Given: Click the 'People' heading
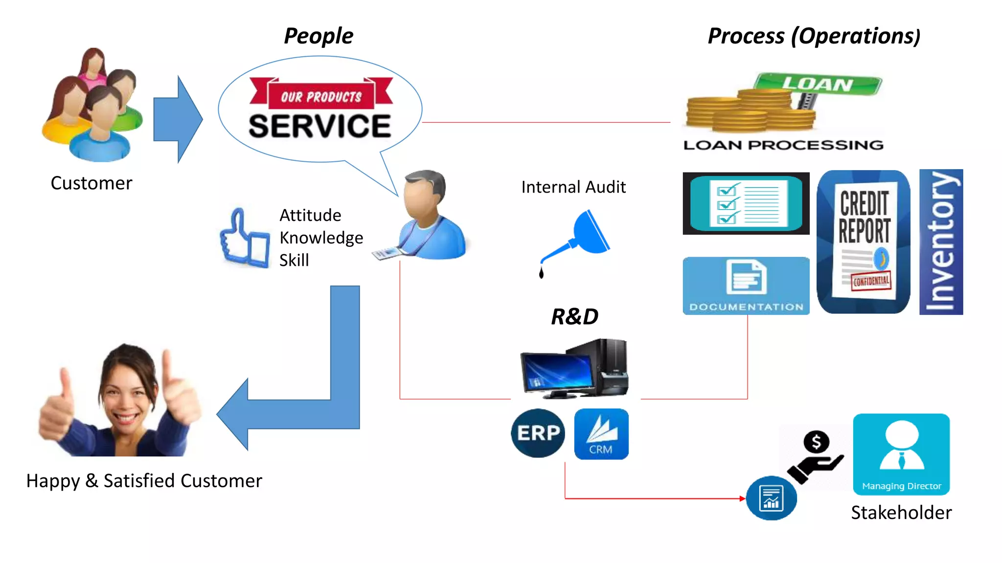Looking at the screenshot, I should (319, 36).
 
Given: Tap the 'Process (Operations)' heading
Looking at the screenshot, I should (814, 36).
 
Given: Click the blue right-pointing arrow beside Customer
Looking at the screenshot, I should (178, 119).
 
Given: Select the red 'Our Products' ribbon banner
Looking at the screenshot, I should (321, 95).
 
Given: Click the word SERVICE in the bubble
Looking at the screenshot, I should (320, 126).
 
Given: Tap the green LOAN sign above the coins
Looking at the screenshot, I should (818, 84).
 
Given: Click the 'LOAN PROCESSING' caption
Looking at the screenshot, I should (783, 145).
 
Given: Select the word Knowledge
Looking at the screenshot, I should (321, 238).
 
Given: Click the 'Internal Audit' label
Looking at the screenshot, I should (573, 187).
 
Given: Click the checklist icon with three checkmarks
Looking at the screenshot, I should (746, 203).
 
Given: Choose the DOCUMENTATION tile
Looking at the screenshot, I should (746, 286).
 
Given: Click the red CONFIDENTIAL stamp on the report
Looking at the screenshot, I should (871, 281).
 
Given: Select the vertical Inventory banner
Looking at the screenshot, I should (941, 242).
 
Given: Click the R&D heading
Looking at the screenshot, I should (574, 317).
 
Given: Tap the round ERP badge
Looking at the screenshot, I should (538, 433).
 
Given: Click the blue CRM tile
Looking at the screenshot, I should (601, 434).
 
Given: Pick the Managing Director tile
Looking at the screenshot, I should (901, 454).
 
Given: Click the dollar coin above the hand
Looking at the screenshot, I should (816, 442).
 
